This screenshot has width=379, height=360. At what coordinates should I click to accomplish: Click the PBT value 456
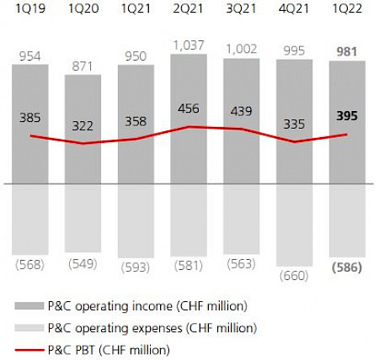tap(188, 109)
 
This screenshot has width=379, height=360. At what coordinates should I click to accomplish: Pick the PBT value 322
tap(83, 124)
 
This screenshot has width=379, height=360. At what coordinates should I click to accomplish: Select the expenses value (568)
tap(29, 266)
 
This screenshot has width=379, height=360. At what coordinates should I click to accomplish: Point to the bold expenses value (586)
tap(345, 269)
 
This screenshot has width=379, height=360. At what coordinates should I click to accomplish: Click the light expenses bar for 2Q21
tap(188, 219)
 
